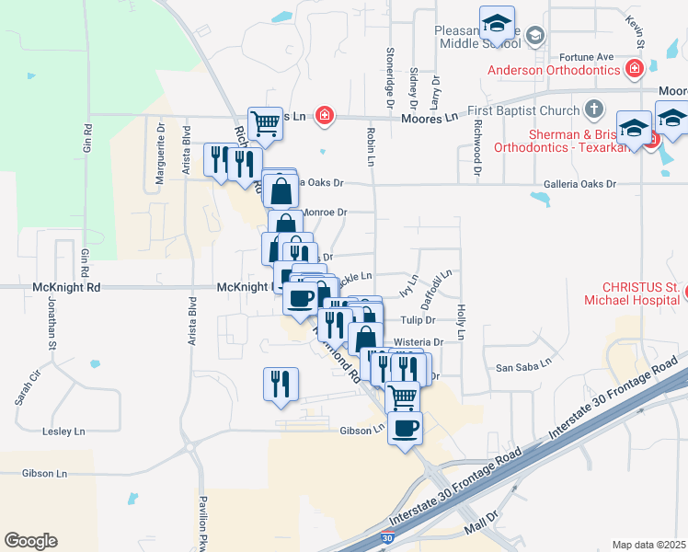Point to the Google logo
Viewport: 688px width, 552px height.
pos(30,541)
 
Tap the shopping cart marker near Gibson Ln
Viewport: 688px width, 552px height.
pos(402,397)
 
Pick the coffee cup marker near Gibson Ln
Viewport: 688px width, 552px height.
pos(405,427)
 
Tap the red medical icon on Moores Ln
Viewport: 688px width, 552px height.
pos(324,116)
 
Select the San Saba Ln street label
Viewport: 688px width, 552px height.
pos(522,363)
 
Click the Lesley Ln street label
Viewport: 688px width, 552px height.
pos(63,431)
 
